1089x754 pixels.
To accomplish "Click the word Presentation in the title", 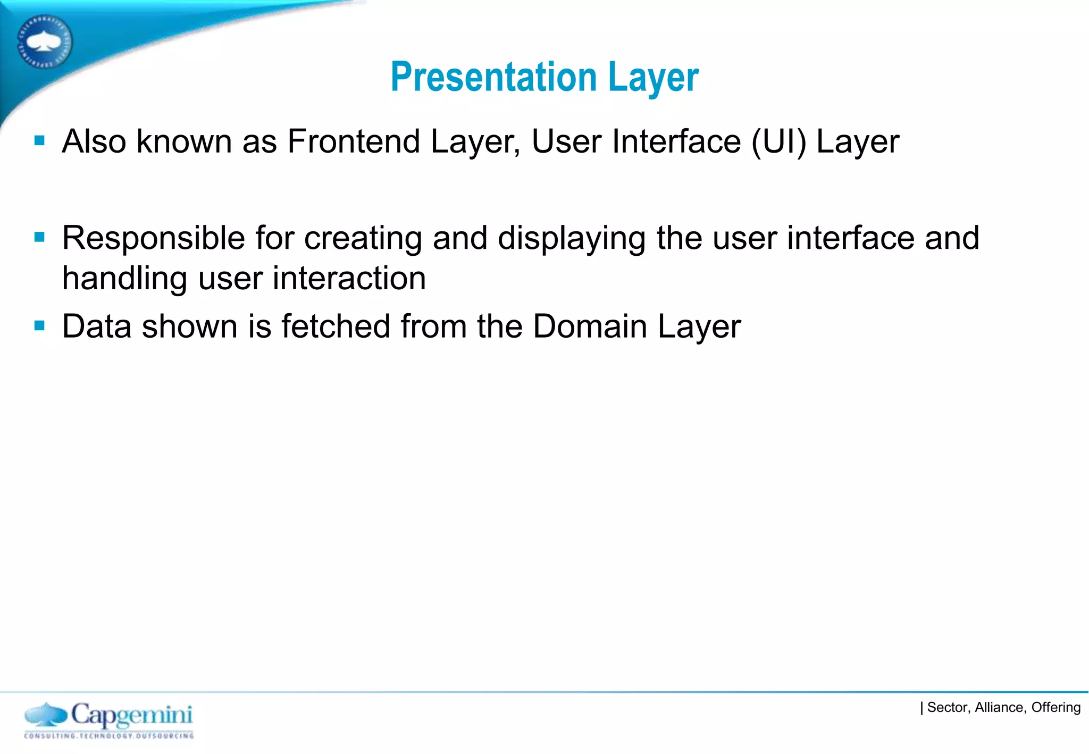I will [493, 78].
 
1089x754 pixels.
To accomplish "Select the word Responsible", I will [153, 238].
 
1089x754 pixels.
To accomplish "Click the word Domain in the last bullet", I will [590, 326].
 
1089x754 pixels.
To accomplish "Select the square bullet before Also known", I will [39, 140].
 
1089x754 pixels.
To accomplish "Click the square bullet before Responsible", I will [39, 237].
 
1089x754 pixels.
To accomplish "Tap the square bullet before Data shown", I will [39, 325].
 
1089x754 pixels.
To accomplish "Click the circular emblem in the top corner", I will [45, 41].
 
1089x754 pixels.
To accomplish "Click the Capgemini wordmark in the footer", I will [131, 715].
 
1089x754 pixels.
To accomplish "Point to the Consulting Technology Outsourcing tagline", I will [109, 736].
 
